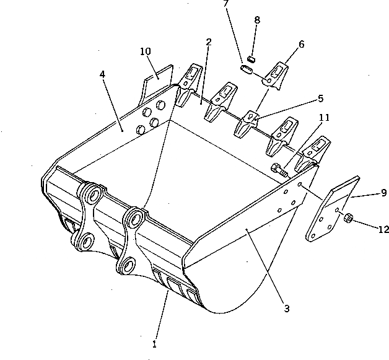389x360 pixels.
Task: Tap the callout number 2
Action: click(209, 42)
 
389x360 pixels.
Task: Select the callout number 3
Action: click(287, 307)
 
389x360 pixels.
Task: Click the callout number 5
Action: click(320, 97)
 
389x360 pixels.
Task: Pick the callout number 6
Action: click(301, 44)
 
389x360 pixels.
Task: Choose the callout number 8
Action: click(256, 20)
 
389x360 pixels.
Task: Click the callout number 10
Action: click(146, 51)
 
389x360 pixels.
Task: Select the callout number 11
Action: click(324, 116)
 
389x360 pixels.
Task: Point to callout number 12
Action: click(383, 229)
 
